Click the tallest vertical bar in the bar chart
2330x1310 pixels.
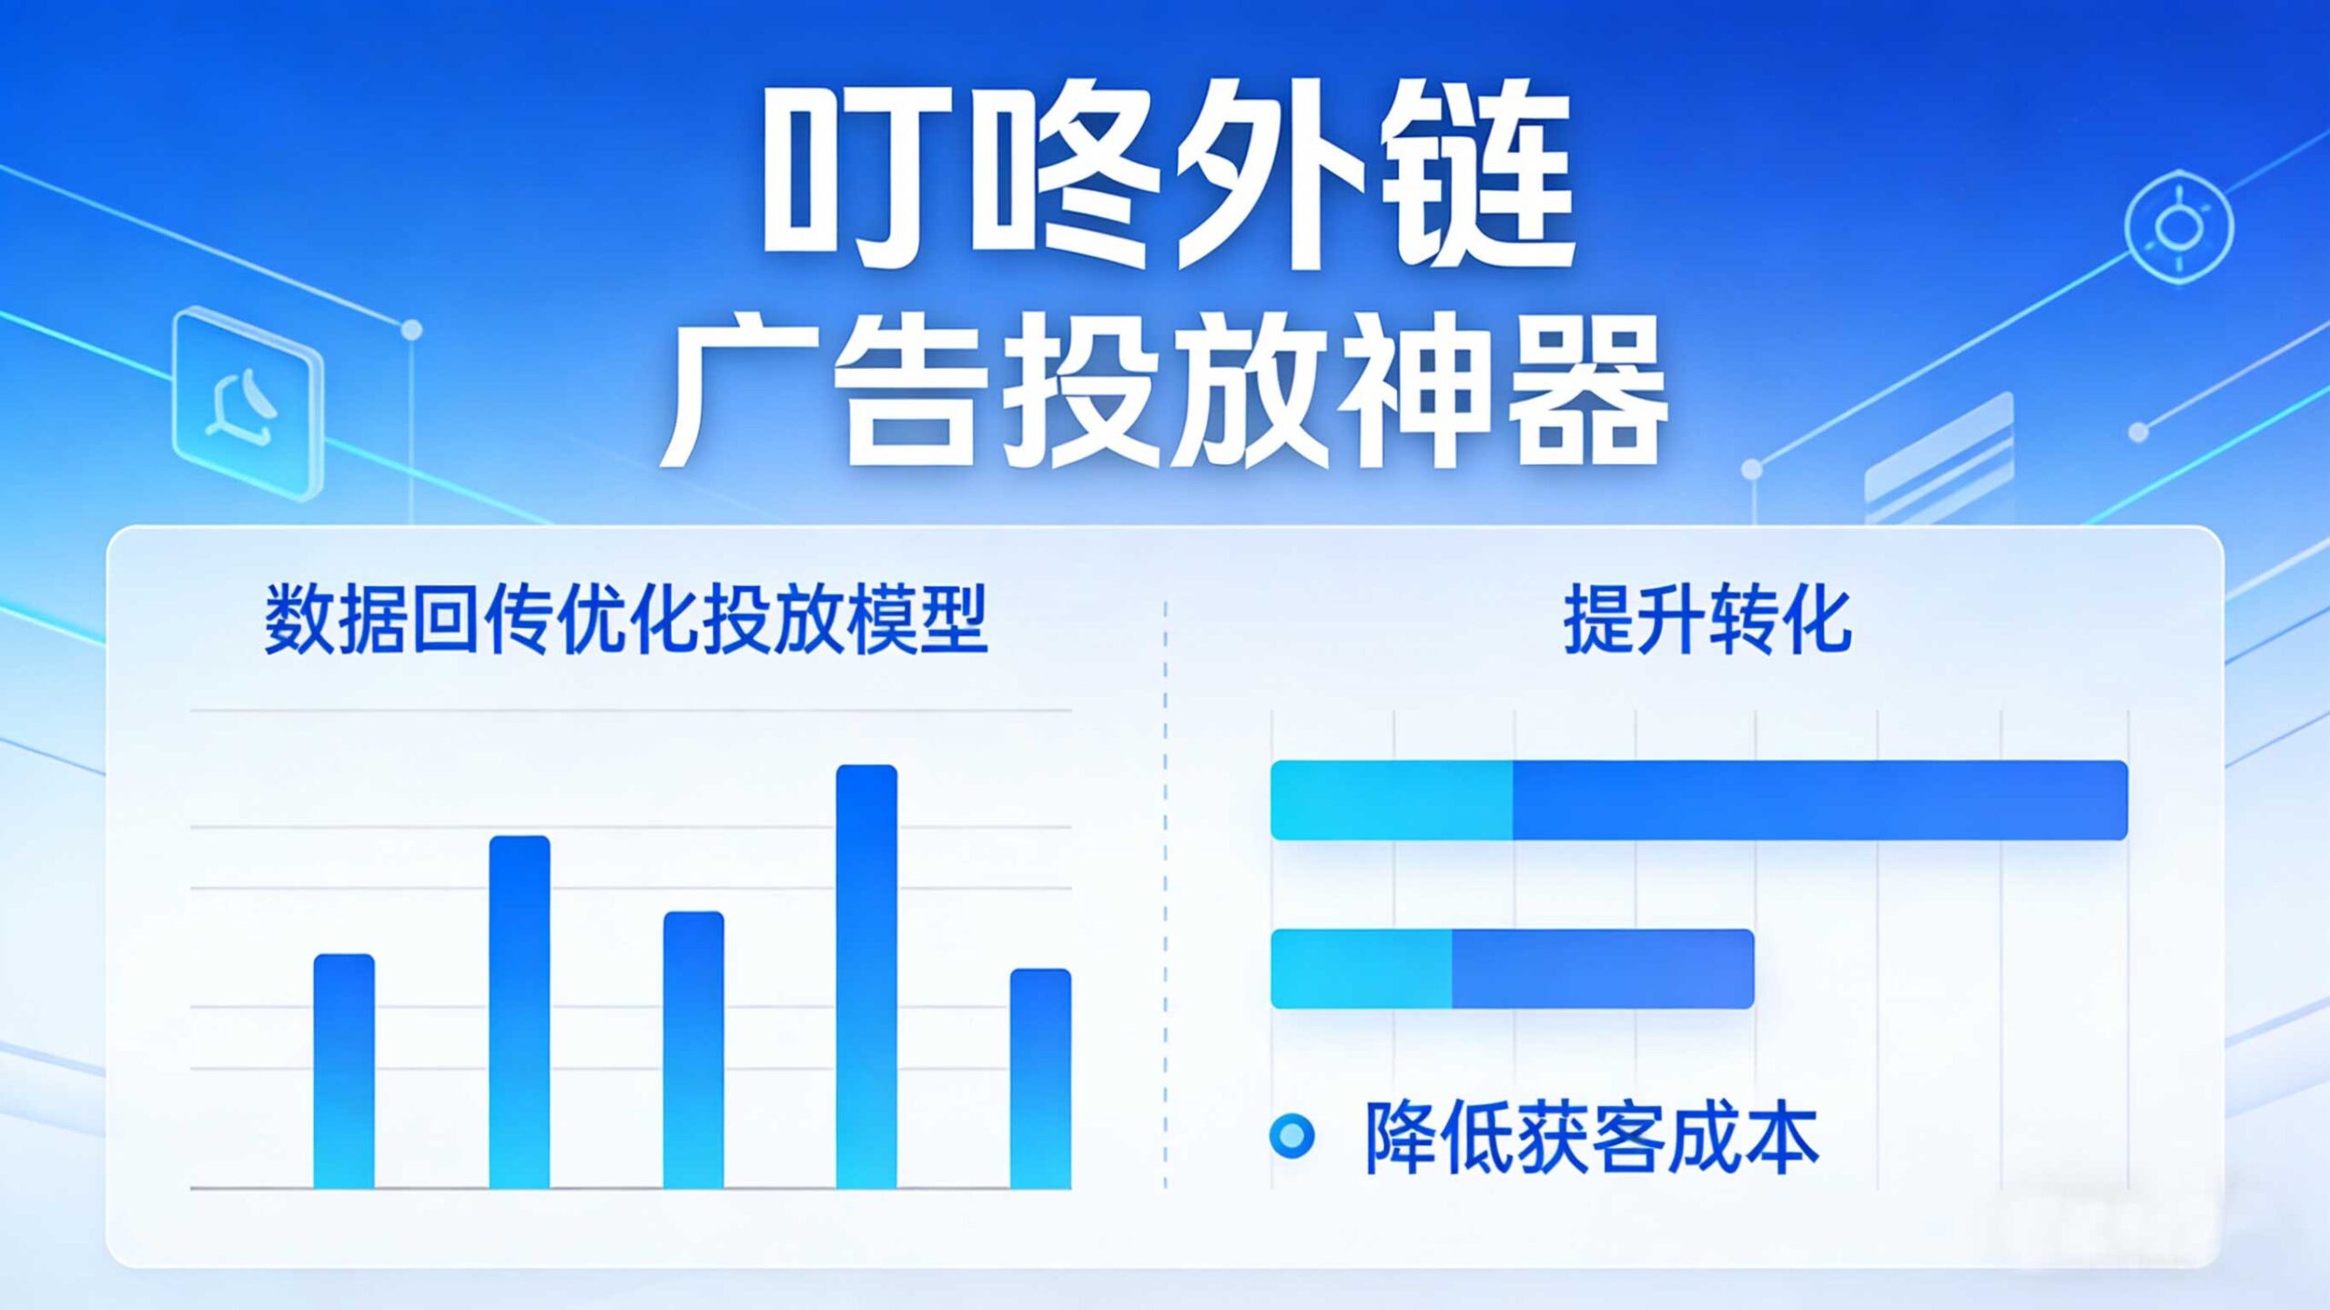866,976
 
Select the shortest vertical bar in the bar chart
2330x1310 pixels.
1040,1079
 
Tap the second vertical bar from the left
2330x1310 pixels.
520,1012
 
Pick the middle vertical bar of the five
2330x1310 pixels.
694,1050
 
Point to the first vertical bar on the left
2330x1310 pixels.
344,1071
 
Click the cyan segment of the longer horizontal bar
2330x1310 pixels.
1392,800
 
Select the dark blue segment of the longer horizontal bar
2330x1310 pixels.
1820,800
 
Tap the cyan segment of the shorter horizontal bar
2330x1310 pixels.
1361,969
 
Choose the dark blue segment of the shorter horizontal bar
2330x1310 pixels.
1603,969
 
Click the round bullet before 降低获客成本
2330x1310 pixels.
1292,1136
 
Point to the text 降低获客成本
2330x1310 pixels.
1591,1136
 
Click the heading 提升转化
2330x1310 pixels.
1707,620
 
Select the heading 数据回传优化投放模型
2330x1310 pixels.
626,620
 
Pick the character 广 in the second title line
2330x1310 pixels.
742,390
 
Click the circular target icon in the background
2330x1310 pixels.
2179,227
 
